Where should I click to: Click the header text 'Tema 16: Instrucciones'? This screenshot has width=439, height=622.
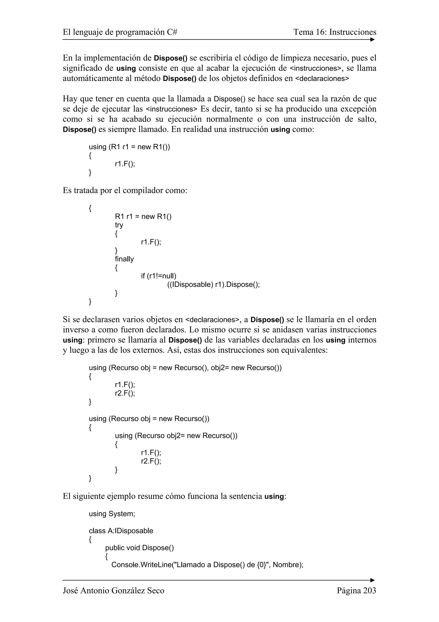(335, 32)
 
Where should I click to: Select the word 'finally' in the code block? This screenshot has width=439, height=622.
(124, 259)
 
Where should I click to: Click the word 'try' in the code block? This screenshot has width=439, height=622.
(119, 225)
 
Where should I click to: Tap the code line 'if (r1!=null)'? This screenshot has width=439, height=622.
(158, 276)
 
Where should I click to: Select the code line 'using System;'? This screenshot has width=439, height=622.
(112, 514)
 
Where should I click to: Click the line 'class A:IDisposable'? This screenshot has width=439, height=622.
(121, 531)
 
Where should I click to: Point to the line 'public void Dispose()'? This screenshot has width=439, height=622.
(139, 548)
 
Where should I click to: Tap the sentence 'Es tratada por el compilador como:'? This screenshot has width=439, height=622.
(125, 190)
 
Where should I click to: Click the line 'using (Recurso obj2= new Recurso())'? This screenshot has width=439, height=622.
(176, 436)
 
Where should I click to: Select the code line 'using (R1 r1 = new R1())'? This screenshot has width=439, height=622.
(129, 147)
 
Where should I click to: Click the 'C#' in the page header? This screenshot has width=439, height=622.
(172, 32)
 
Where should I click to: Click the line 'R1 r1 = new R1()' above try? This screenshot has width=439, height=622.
(143, 216)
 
